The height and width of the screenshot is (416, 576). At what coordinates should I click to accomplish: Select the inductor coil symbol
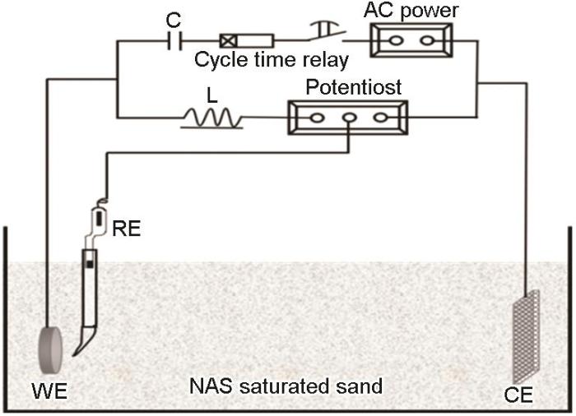point(212,119)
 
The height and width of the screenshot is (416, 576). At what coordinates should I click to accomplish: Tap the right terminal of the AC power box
point(427,40)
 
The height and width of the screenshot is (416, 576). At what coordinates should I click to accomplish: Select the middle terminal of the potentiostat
point(349,118)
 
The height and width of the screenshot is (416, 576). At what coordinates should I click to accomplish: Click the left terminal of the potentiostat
point(316,118)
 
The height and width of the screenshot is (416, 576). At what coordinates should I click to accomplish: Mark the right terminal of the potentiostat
point(379,118)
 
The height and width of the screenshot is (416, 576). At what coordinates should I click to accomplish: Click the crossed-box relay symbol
point(229,39)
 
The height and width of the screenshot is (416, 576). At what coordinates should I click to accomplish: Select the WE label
point(49,389)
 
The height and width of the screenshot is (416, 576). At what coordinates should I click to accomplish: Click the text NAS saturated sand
point(286,385)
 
